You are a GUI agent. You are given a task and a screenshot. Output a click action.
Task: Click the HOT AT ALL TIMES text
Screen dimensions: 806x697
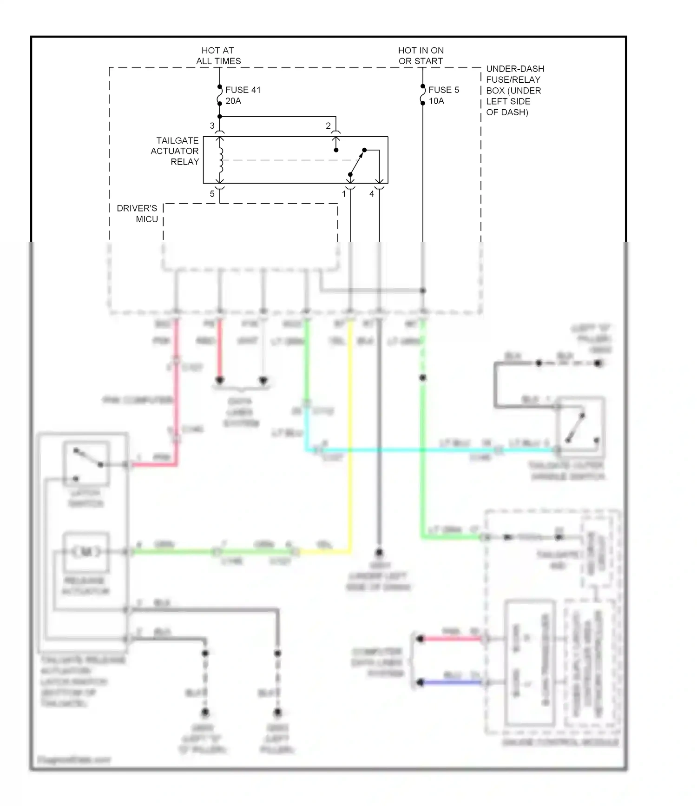[218, 56]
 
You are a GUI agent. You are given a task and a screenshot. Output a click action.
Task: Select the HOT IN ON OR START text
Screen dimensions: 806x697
[421, 56]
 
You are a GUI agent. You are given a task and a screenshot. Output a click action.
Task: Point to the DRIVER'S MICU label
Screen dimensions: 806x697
[138, 214]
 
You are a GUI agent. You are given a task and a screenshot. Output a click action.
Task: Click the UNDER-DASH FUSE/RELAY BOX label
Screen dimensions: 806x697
[514, 90]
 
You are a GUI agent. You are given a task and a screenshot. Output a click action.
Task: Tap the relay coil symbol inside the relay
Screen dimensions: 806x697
[220, 160]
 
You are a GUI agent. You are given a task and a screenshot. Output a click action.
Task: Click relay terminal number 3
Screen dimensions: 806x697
[212, 126]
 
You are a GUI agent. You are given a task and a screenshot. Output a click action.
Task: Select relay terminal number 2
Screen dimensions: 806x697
[328, 126]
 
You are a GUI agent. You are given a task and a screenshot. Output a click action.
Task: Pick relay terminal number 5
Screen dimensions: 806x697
[212, 194]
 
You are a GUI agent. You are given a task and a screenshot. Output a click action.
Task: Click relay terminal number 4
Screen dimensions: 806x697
[372, 194]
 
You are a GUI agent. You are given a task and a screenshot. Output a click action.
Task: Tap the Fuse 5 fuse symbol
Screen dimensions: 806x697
[422, 95]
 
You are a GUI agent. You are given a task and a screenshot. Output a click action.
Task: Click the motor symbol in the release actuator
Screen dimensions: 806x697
[86, 552]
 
